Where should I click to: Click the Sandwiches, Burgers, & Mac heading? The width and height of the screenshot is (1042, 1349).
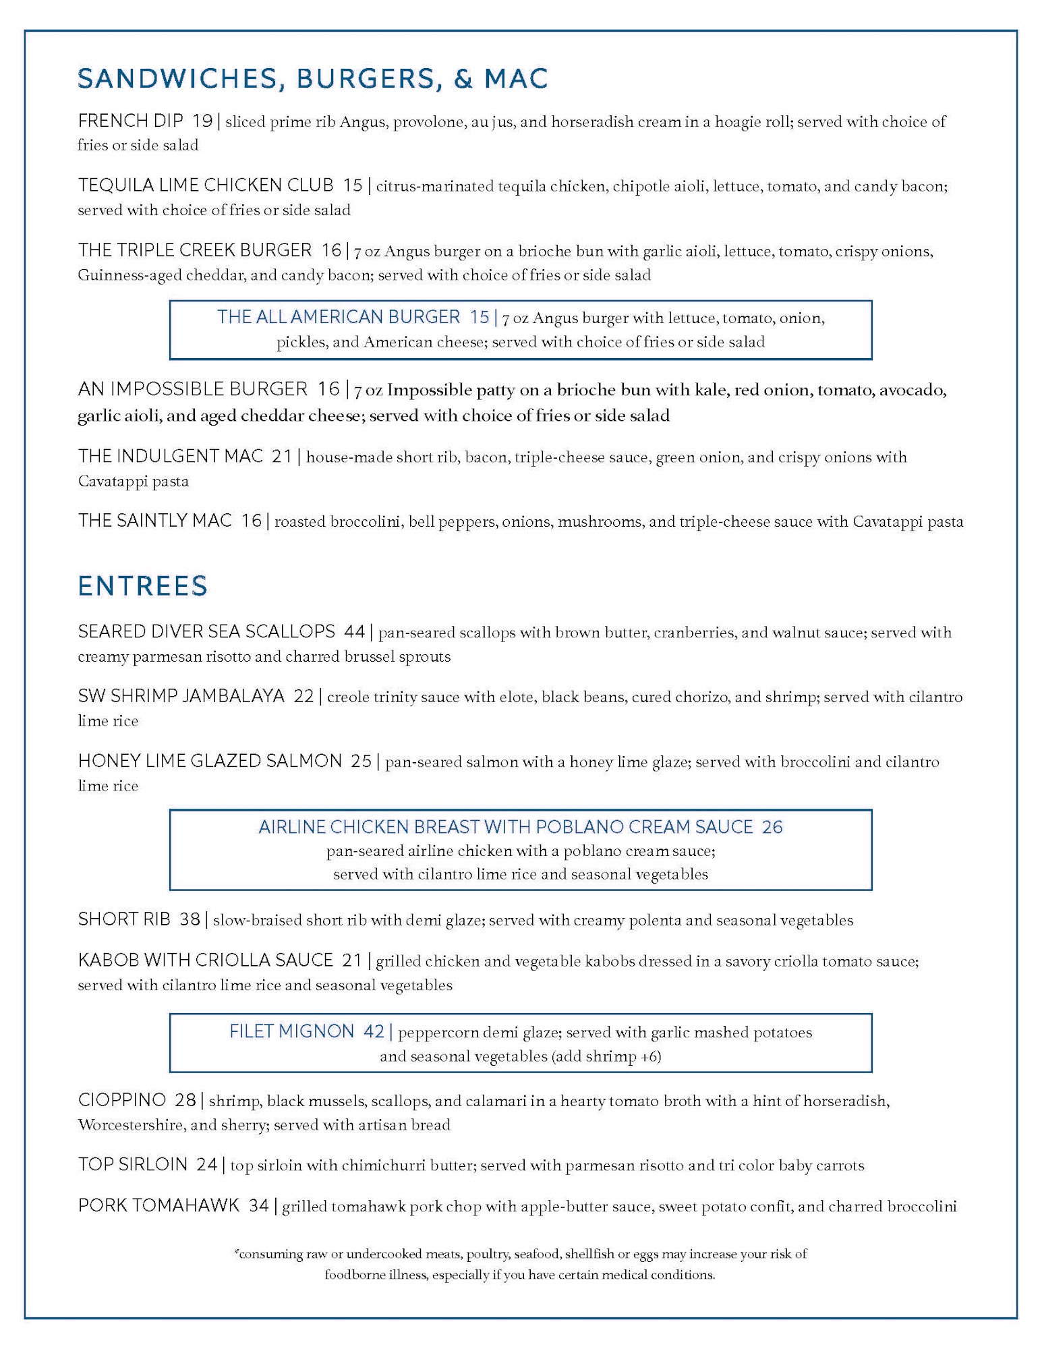[x=312, y=79]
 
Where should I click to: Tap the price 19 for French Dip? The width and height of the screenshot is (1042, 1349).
[x=202, y=121]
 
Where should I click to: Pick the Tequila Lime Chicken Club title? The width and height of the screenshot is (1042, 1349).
[x=206, y=185]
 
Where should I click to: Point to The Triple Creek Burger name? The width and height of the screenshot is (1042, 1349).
[x=195, y=250]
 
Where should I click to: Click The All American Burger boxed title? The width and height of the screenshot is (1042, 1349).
[x=339, y=317]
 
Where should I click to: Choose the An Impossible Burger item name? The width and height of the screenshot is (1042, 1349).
[x=193, y=389]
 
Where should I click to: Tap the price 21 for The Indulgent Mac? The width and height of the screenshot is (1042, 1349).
[x=282, y=456]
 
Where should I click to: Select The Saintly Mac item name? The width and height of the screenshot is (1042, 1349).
[x=155, y=520]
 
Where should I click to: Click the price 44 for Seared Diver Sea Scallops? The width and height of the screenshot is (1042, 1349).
[x=355, y=631]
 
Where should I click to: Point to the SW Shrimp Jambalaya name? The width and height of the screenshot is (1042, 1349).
[x=181, y=696]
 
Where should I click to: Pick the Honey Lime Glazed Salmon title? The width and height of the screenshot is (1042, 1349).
[x=210, y=761]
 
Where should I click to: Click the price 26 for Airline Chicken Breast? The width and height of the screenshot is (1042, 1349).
[x=772, y=827]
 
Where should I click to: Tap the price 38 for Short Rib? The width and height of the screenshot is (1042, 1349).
[x=190, y=919]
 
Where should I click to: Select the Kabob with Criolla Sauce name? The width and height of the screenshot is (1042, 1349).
[x=206, y=960]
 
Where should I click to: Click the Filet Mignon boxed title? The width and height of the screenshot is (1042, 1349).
[x=291, y=1031]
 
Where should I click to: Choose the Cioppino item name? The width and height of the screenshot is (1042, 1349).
[x=121, y=1100]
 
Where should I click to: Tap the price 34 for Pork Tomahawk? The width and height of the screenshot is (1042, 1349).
[x=259, y=1205]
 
